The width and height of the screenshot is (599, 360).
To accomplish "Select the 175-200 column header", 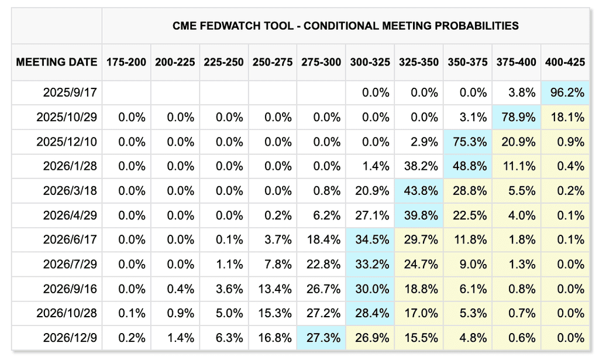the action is pyautogui.click(x=126, y=62).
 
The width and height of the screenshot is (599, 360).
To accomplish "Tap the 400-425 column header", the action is pyautogui.click(x=565, y=62).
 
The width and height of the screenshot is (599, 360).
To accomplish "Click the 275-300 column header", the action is pyautogui.click(x=321, y=62).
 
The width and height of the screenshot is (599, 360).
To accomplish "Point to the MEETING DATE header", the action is pyautogui.click(x=57, y=62).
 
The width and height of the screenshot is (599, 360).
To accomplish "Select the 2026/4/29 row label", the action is pyautogui.click(x=70, y=215).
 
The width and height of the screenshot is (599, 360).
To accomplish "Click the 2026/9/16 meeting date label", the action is pyautogui.click(x=70, y=289).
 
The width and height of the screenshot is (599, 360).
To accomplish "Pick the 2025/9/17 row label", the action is pyautogui.click(x=70, y=92).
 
